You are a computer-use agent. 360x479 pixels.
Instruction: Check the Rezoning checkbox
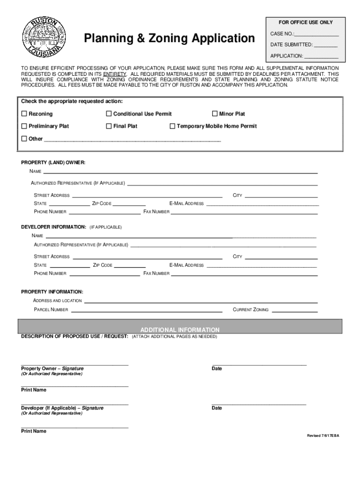24,114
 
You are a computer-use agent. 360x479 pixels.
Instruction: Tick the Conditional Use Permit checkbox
109,114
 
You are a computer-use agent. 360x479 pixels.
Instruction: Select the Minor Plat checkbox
216,114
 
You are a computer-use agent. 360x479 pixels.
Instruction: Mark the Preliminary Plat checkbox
24,126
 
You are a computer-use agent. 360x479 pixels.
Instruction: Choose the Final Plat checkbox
109,126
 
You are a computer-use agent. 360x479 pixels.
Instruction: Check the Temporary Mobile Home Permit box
172,126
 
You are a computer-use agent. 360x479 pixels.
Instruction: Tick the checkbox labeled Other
24,139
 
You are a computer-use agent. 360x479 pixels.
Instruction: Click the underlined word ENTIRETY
115,74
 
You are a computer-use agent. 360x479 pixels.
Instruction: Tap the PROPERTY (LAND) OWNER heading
53,163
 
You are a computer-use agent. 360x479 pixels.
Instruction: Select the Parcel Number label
51,310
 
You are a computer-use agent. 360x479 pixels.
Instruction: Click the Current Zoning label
251,310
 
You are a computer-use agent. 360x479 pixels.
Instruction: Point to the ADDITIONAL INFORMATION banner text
180,330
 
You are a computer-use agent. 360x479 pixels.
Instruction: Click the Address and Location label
58,301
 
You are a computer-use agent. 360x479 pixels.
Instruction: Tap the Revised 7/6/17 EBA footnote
323,436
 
